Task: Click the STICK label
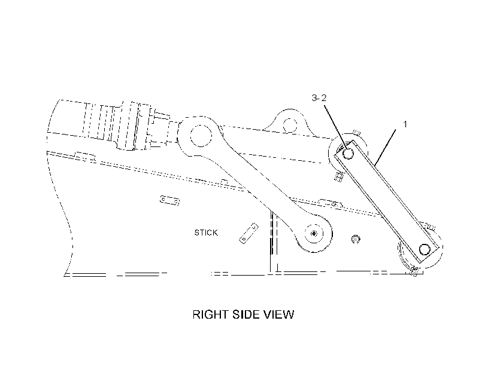pyautogui.click(x=206, y=233)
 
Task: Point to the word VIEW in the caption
pyautogui.click(x=278, y=314)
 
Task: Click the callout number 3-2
pyautogui.click(x=319, y=98)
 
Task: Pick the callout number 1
pyautogui.click(x=405, y=124)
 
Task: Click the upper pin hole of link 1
pyautogui.click(x=347, y=153)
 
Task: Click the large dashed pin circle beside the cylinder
pyautogui.click(x=201, y=136)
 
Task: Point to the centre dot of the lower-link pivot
pyautogui.click(x=314, y=234)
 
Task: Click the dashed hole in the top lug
pyautogui.click(x=290, y=125)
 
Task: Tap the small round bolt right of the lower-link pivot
pyautogui.click(x=356, y=239)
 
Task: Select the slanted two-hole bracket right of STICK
pyautogui.click(x=249, y=233)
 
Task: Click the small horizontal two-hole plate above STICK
pyautogui.click(x=169, y=200)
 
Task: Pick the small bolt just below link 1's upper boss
pyautogui.click(x=338, y=178)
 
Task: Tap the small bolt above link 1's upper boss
pyautogui.click(x=356, y=133)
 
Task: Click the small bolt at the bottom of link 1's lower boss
pyautogui.click(x=414, y=270)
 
